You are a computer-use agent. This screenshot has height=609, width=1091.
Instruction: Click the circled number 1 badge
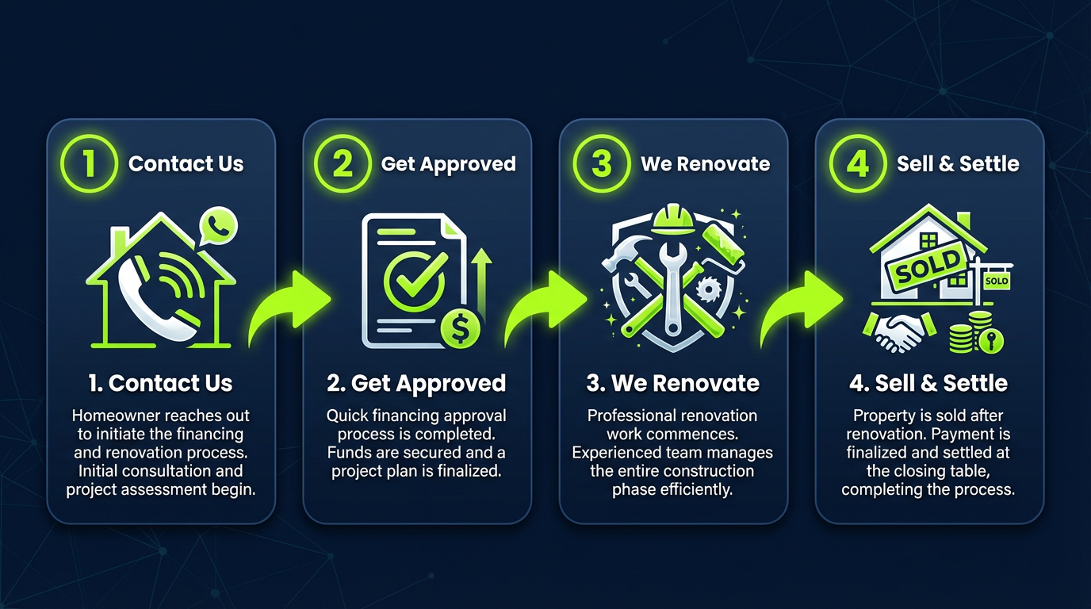(90, 164)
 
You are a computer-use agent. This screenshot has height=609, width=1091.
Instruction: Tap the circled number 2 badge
(343, 164)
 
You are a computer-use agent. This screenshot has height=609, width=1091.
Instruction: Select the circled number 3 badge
(602, 164)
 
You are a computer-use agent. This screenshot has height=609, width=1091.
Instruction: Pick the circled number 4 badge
(858, 164)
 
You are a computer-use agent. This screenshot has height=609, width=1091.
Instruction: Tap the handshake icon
(894, 331)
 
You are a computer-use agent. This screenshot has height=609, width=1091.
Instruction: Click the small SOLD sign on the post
(996, 281)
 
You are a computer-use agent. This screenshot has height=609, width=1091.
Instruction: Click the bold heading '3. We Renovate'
(672, 383)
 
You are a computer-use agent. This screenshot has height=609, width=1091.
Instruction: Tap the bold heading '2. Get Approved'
(416, 383)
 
